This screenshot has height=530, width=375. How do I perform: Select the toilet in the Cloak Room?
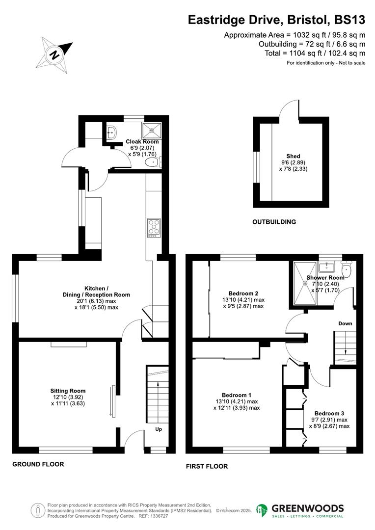155,162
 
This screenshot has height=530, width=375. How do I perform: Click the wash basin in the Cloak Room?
111,132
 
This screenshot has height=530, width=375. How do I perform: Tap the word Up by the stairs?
159,429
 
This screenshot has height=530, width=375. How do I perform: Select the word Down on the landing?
345,323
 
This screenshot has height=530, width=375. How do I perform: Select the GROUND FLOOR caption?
38,464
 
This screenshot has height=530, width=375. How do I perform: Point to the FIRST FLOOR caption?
207,466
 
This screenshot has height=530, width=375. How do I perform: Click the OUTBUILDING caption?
274,222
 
